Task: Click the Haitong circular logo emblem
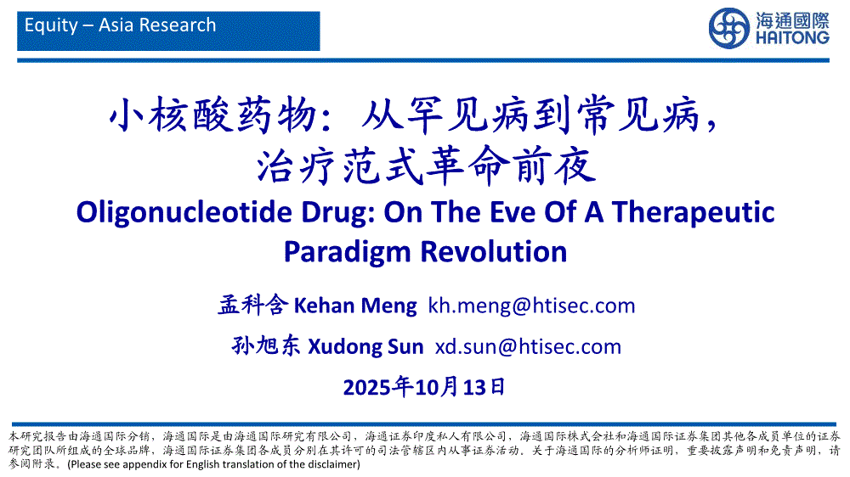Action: point(729,28)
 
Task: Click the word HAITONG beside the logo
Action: point(792,38)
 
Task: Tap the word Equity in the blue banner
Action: point(51,25)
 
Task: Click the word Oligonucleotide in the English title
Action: point(184,212)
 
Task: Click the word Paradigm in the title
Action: point(348,252)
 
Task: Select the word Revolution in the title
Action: point(494,252)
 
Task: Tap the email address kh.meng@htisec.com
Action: point(531,306)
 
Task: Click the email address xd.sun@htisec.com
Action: point(528,346)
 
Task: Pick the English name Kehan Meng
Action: point(355,306)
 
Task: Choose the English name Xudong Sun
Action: point(365,346)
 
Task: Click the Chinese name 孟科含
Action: point(252,306)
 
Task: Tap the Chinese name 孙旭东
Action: point(266,346)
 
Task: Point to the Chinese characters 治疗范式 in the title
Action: point(340,166)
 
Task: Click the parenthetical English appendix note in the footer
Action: point(213,464)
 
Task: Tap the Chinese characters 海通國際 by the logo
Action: point(792,20)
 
